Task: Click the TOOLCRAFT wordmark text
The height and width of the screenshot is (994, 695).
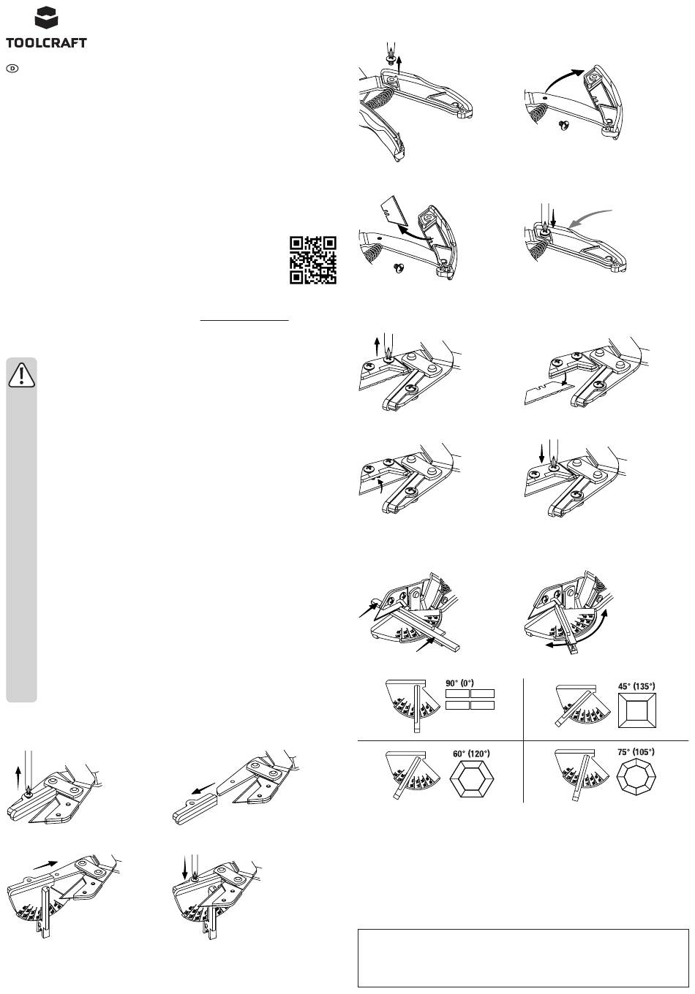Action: point(46,43)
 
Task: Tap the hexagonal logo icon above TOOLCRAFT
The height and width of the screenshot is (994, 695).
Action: point(46,18)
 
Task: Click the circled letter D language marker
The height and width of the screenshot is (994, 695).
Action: point(13,69)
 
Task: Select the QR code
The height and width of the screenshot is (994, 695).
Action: point(312,260)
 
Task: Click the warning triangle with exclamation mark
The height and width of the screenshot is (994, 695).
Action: point(21,375)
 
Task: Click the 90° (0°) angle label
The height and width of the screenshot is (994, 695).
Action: point(459,683)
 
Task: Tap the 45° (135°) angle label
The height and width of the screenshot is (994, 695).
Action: point(636,686)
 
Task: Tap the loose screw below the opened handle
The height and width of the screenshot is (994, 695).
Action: point(564,126)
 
